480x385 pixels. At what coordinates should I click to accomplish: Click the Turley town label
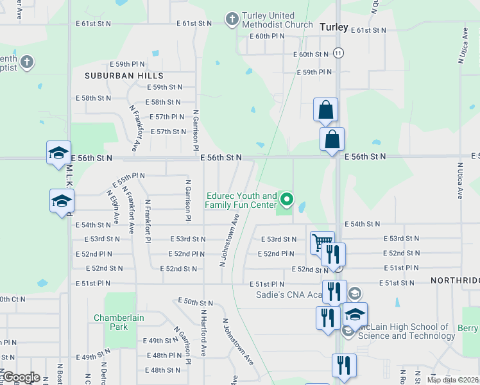pos(334,28)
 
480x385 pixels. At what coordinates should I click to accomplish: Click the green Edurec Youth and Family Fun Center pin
pos(287,200)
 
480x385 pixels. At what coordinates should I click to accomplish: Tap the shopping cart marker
pos(321,243)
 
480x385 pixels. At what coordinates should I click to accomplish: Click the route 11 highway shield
pos(339,53)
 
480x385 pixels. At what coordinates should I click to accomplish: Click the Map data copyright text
pos(452,380)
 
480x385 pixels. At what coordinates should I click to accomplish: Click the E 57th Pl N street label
pos(167,117)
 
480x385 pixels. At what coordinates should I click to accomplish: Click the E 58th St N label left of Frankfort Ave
pos(93,98)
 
